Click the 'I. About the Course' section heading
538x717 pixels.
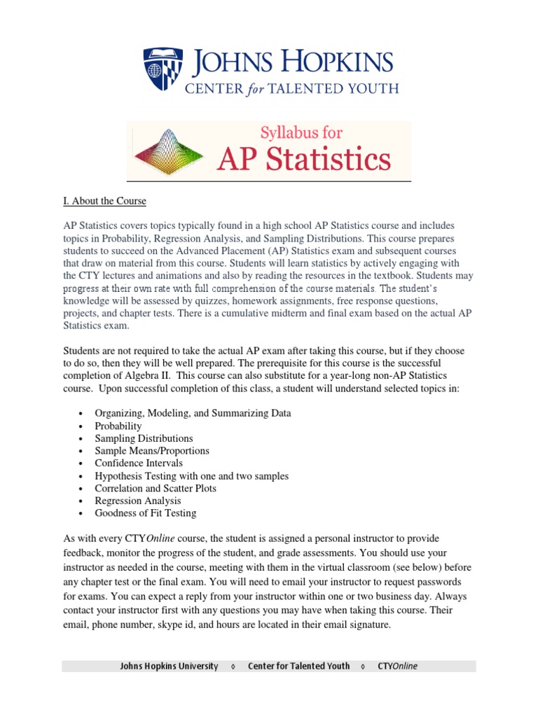click(104, 201)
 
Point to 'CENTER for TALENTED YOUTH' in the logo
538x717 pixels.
click(291, 89)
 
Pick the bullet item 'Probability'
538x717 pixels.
click(118, 426)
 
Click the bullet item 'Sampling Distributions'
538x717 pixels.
click(144, 438)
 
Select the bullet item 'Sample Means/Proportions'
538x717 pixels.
click(152, 451)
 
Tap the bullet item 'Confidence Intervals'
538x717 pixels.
click(139, 463)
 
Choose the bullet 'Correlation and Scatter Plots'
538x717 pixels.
click(156, 488)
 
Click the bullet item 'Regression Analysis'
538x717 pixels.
click(138, 501)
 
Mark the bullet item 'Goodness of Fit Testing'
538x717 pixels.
click(146, 513)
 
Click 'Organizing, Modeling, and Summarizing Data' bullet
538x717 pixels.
click(193, 413)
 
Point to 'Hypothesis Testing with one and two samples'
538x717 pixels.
click(192, 475)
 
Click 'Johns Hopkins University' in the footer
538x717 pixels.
click(169, 666)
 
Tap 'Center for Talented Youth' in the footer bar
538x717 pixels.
click(298, 666)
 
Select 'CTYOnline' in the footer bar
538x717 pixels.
click(397, 666)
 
